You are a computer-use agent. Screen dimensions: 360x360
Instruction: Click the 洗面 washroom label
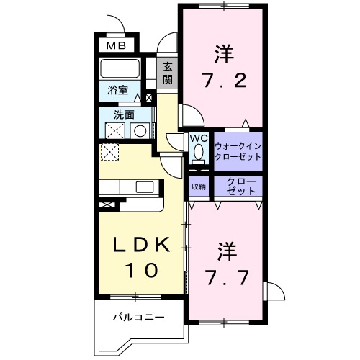[124, 114]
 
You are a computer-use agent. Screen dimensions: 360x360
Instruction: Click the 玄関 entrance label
[167, 73]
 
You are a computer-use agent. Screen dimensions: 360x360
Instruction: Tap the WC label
[199, 138]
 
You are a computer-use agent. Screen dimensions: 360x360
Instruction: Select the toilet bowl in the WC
[199, 153]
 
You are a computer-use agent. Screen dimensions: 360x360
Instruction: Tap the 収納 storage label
[198, 186]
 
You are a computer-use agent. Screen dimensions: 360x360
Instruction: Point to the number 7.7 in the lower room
[225, 276]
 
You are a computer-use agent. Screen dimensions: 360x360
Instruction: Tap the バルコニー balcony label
[139, 317]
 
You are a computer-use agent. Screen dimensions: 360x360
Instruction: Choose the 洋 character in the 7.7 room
[225, 251]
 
